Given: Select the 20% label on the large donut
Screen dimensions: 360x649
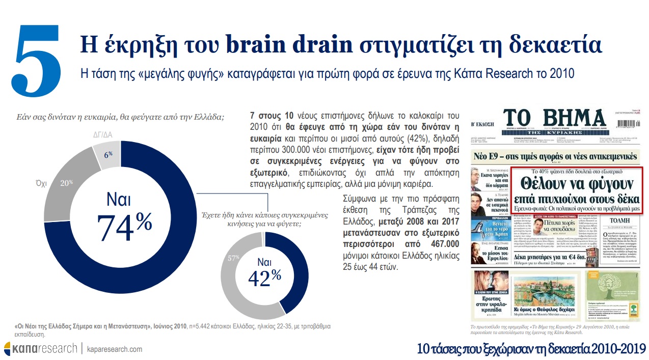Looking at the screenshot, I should (67, 182).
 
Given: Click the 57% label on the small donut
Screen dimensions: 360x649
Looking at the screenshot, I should (233, 258).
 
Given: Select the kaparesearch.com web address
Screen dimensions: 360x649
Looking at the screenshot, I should (115, 349).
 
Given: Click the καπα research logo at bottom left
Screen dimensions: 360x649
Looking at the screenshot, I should (40, 349).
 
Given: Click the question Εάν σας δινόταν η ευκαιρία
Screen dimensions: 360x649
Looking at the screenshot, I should (119, 117).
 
